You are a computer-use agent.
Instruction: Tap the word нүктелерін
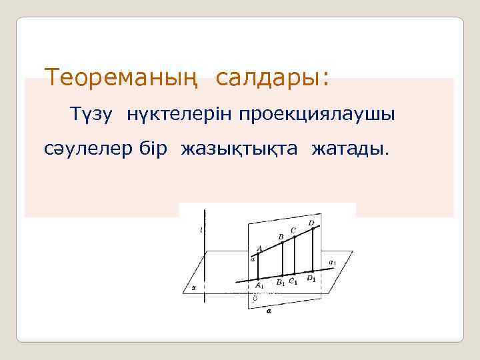172,115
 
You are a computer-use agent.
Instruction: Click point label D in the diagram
311,221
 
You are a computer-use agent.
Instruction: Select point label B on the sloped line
281,236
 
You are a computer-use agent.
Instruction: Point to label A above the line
259,248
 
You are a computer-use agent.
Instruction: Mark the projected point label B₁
281,283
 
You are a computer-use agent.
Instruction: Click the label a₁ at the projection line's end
333,261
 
